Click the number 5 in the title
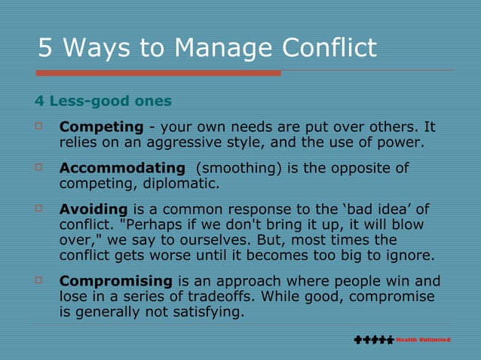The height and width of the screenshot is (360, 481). click(46, 48)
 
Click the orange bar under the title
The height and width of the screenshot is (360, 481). click(158, 73)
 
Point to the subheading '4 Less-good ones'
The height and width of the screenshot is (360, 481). click(103, 100)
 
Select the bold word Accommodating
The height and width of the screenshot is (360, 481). click(122, 168)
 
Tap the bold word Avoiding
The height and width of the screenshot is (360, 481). click(94, 209)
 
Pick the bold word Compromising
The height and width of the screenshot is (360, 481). click(116, 281)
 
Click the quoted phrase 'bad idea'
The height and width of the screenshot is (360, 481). click(369, 209)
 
